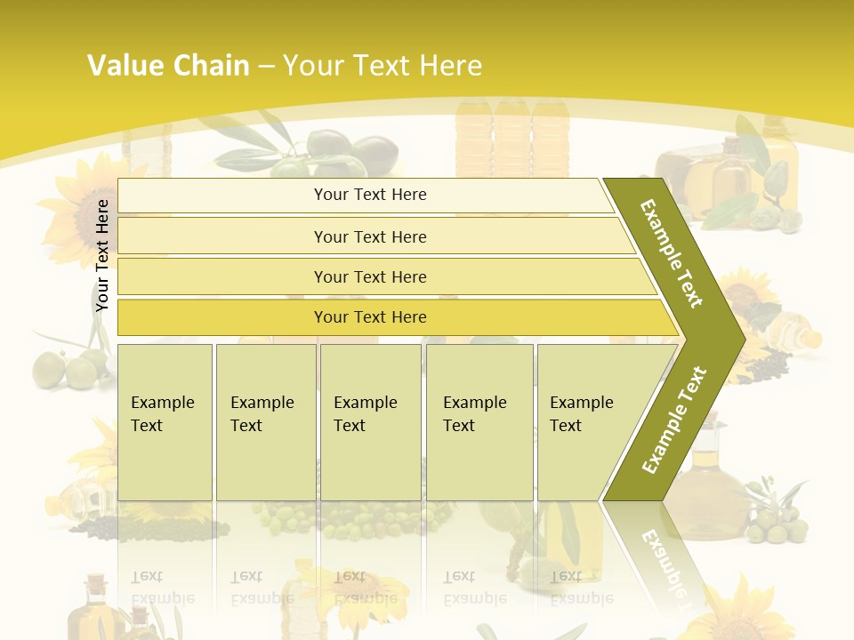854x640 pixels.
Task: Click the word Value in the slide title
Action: click(125, 66)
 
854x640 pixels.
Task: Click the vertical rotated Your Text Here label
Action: click(103, 256)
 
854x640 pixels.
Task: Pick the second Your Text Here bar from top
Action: click(370, 236)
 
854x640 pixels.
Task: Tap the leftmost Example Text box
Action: click(165, 422)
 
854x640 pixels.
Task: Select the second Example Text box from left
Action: click(265, 422)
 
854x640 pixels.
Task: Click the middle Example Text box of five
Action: click(370, 422)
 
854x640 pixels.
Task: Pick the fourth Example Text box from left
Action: click(479, 422)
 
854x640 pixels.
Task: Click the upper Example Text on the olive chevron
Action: click(672, 253)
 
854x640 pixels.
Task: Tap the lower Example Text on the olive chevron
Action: click(674, 420)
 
